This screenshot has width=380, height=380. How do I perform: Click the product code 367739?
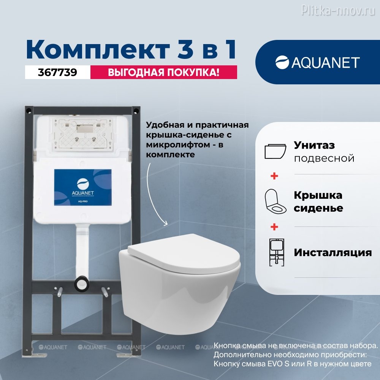[x=57, y=72]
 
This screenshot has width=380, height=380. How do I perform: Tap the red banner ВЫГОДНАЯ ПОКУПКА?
[x=163, y=72]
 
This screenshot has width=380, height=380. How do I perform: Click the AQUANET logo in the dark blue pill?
[x=317, y=63]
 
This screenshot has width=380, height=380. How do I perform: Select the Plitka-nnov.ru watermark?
[x=338, y=10]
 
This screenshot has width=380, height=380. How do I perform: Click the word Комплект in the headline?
[x=98, y=49]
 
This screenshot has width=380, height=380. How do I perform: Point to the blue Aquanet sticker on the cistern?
[x=82, y=187]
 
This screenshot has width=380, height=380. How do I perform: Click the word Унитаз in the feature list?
[x=314, y=145]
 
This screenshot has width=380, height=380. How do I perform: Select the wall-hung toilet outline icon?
[x=275, y=152]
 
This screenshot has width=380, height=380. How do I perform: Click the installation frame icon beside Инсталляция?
[x=277, y=252]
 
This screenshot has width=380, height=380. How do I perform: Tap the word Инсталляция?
[x=333, y=253]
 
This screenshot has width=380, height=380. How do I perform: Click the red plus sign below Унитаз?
[x=274, y=176]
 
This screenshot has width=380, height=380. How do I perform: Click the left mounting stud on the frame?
[x=59, y=291]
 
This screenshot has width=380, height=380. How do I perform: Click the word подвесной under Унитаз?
[x=324, y=158]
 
